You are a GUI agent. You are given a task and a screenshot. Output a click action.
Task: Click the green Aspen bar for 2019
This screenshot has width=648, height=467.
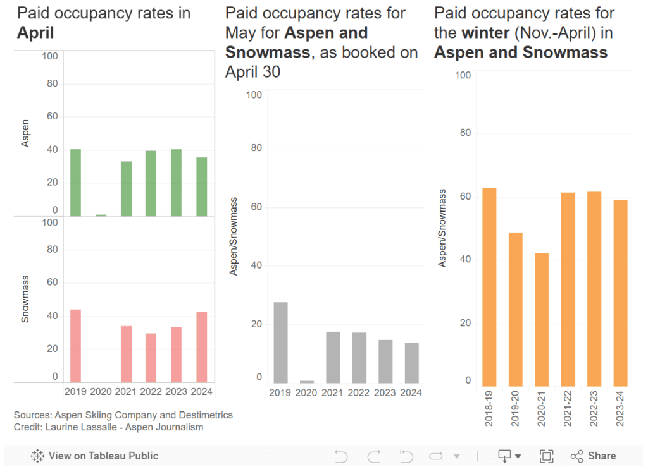(x=75, y=183)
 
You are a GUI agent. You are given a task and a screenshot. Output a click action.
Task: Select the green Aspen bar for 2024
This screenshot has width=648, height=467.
(x=201, y=186)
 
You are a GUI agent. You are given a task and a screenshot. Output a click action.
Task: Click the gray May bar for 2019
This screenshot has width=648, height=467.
(x=280, y=343)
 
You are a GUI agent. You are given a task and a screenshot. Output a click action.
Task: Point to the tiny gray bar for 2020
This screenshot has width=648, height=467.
(x=307, y=382)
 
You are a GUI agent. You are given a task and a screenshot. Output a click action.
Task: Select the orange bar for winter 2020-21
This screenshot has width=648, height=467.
(x=542, y=320)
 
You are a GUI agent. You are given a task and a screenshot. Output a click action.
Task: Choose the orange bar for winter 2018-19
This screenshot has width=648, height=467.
(x=489, y=287)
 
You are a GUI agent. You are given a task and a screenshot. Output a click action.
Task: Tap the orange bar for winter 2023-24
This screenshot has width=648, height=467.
(x=620, y=293)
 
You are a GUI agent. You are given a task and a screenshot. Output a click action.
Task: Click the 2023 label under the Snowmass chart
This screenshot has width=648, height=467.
(x=177, y=391)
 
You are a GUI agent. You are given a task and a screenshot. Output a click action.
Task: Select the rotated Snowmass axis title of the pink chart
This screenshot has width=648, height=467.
(x=26, y=301)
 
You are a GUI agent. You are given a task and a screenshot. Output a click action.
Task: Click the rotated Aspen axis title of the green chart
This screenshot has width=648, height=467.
(x=26, y=133)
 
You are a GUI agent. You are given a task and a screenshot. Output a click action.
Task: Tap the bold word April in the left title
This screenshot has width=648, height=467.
(x=35, y=33)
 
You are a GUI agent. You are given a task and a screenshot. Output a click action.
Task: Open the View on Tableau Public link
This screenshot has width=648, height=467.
(x=94, y=456)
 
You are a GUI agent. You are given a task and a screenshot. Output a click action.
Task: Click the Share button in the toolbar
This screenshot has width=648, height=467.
(x=593, y=456)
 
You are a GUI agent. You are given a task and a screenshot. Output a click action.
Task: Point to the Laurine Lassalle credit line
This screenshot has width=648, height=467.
(x=108, y=427)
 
